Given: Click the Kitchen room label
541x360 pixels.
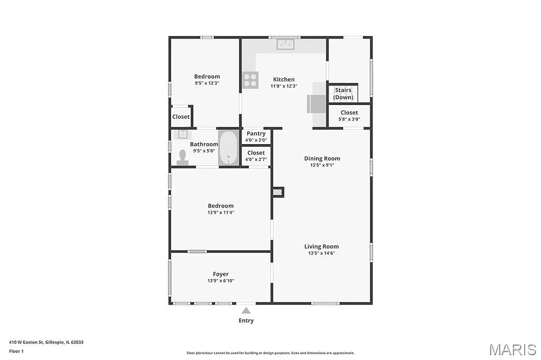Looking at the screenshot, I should click(284, 79).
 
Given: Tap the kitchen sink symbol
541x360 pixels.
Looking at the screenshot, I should click(286, 45).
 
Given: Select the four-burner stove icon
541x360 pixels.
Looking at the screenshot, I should click(250, 80).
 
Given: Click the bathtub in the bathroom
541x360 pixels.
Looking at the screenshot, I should click(229, 148).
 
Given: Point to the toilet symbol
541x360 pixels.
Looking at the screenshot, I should click(183, 158).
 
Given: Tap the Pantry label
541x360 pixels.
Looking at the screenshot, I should click(256, 134).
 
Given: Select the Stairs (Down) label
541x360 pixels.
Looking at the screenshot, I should click(343, 93).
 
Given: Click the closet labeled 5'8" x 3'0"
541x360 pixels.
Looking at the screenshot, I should click(349, 116).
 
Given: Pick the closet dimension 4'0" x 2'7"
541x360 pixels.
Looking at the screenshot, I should click(256, 159).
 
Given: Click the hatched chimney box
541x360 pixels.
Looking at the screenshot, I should click(278, 192).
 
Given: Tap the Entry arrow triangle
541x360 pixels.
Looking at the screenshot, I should click(246, 311).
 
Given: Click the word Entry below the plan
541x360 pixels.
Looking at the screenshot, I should click(246, 320).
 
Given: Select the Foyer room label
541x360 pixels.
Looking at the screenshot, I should click(221, 274).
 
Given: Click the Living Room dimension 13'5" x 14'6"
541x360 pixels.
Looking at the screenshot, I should click(322, 253).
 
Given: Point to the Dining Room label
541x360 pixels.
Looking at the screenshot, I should click(322, 158).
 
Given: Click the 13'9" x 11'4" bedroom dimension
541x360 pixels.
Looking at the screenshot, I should click(220, 213).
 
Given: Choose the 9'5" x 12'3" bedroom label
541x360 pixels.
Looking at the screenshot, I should click(207, 77).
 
